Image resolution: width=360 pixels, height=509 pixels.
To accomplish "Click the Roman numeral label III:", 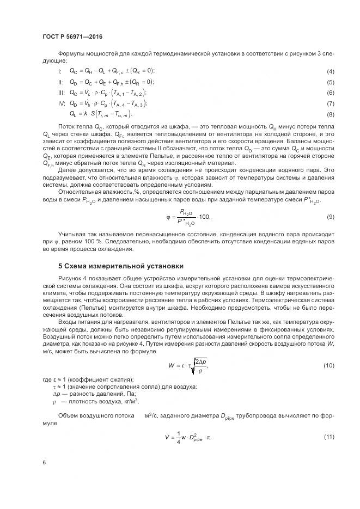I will [x=61, y=93].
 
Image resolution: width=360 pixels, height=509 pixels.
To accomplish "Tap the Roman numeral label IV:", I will [x=62, y=103].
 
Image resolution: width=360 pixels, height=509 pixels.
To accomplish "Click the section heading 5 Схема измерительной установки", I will [x=120, y=266].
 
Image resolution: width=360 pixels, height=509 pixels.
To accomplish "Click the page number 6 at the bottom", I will [x=43, y=462].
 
